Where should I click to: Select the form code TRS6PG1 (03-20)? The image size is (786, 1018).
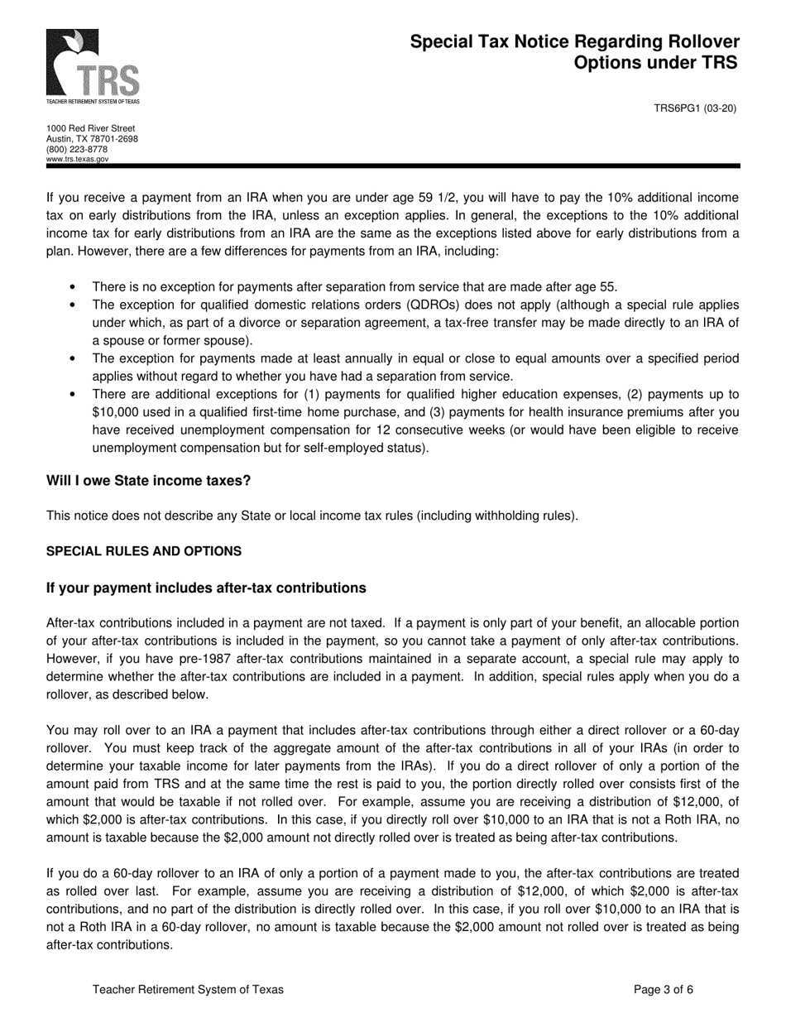(695, 108)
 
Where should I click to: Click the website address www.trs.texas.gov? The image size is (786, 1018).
(77, 159)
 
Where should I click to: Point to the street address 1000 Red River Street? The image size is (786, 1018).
(90, 129)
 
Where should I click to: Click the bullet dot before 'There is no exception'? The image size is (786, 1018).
(73, 287)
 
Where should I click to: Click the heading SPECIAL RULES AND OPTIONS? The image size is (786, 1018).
(144, 551)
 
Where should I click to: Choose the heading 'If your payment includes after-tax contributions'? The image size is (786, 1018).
(206, 588)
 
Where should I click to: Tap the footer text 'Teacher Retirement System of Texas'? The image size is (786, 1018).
(188, 989)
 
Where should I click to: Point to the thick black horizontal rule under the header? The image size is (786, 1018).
(393, 166)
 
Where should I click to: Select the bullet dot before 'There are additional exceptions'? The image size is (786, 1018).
(73, 395)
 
